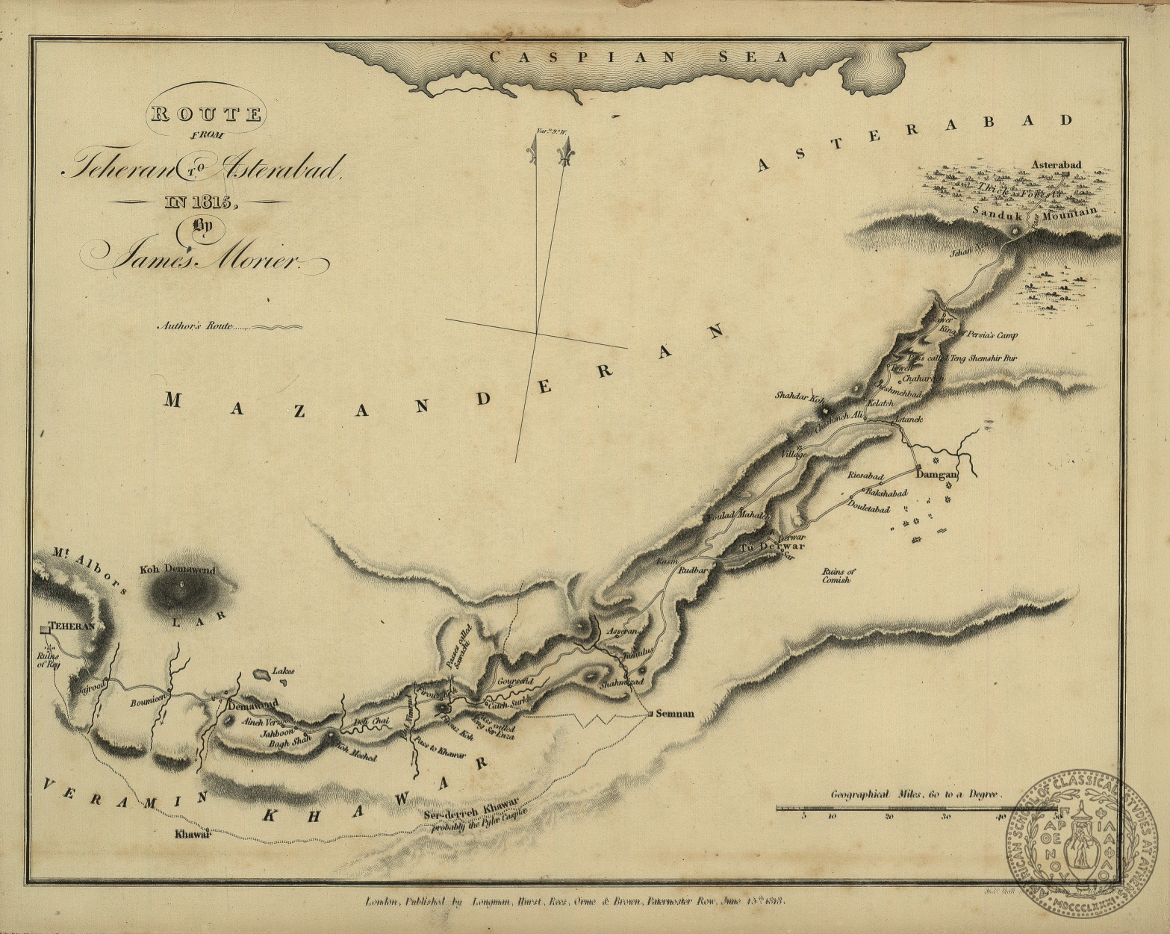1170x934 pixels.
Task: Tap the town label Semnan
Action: tap(674, 713)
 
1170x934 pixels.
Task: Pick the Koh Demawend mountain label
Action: tap(177, 570)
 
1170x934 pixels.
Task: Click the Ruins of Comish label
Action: tap(840, 575)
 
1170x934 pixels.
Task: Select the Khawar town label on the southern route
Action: tap(189, 835)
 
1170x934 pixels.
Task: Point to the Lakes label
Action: tap(282, 670)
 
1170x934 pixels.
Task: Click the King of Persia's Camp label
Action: tap(978, 336)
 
